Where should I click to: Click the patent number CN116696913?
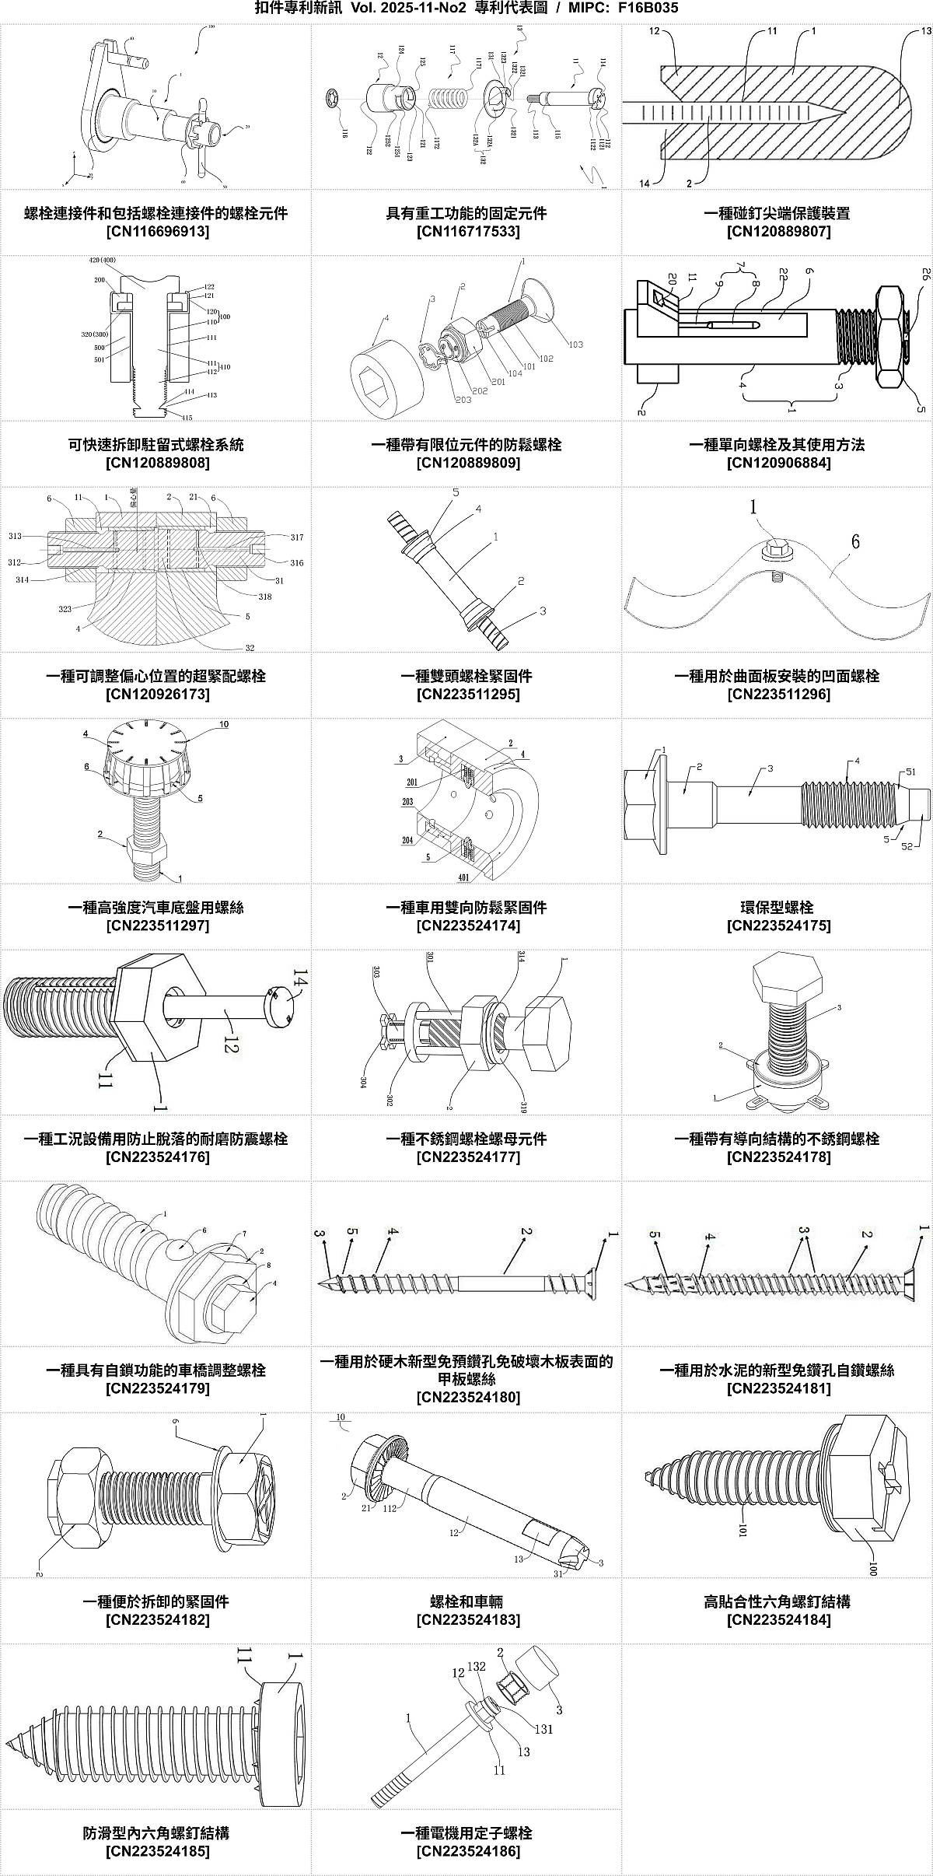(157, 232)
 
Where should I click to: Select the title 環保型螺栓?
(777, 907)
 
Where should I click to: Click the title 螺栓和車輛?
(466, 1601)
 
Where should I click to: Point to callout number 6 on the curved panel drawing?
(855, 541)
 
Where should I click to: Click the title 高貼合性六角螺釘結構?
(777, 1601)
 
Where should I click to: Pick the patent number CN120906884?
(778, 463)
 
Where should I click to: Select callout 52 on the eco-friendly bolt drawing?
(907, 846)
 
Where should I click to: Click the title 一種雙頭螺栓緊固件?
(466, 676)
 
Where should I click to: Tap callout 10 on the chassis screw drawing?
(224, 725)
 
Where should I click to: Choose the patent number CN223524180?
(467, 1397)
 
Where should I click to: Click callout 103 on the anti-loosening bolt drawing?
(575, 345)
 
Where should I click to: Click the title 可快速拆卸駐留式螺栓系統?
(156, 444)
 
